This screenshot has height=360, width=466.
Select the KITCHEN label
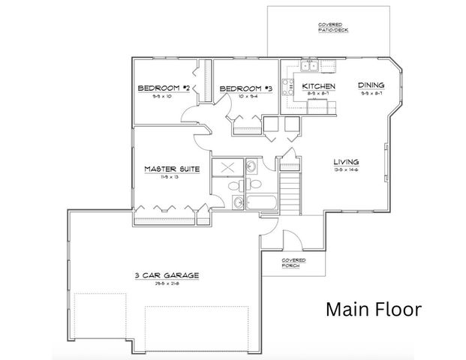pos(318,86)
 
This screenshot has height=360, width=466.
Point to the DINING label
pos(371,85)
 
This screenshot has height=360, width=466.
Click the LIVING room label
pos(347,161)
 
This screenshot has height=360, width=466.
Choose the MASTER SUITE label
pos(172,169)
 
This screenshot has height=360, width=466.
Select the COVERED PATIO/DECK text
pos(334,28)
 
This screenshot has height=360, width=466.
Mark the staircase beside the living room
pos(290,191)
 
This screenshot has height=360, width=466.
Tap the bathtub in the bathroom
pos(263,203)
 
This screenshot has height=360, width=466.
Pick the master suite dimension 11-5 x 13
pos(172,178)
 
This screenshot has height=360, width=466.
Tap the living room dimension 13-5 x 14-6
pos(347,169)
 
